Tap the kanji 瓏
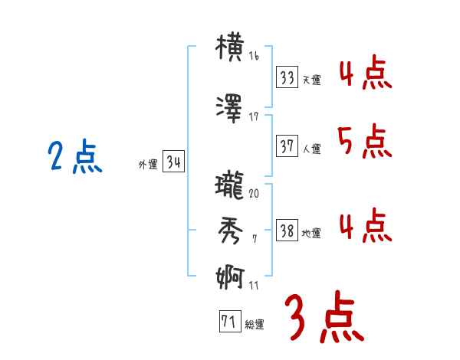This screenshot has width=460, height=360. [x=230, y=186]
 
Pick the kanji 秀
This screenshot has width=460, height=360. [x=230, y=230]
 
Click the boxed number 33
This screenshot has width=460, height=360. [x=287, y=77]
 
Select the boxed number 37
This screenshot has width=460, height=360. [x=287, y=146]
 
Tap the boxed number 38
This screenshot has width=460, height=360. [x=287, y=231]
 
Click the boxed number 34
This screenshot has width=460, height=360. [x=172, y=162]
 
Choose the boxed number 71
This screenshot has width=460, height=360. [x=228, y=322]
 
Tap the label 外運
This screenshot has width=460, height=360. [x=147, y=164]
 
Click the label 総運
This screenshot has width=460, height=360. [x=255, y=324]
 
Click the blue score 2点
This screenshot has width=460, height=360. [x=74, y=159]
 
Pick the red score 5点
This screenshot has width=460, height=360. [x=363, y=141]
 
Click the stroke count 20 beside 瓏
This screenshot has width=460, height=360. [x=254, y=193]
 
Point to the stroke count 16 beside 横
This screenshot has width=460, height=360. [x=254, y=57]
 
